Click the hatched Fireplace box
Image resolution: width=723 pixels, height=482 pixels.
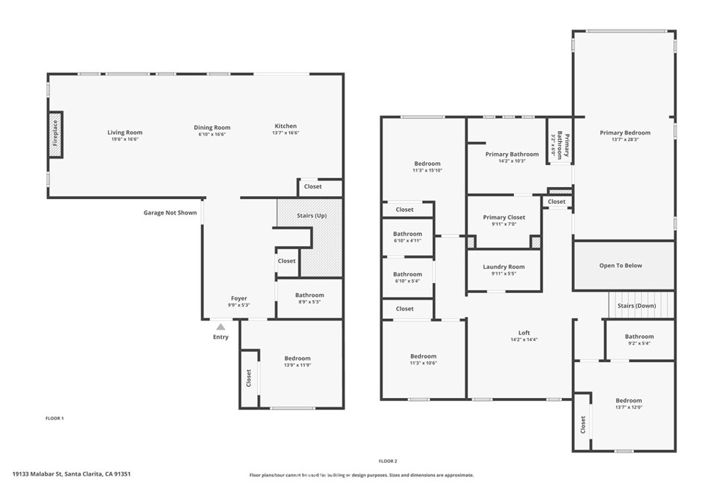point(55,135)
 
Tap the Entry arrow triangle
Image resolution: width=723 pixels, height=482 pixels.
point(221,327)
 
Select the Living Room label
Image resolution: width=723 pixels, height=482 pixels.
point(125,132)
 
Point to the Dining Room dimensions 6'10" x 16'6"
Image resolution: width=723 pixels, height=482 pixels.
point(212,135)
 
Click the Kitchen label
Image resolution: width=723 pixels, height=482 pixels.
point(286,126)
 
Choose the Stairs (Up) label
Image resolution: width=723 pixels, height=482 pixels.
point(311,215)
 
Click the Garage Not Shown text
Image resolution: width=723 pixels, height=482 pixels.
point(170,212)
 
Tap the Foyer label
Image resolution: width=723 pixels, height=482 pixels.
point(239,298)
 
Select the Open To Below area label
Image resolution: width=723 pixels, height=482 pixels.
point(621,265)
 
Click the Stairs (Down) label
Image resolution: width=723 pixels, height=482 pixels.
point(637,306)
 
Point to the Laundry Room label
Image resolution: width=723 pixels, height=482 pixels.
point(503,267)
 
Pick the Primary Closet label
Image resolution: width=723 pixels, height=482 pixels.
point(504,217)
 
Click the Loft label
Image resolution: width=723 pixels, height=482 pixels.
point(524,332)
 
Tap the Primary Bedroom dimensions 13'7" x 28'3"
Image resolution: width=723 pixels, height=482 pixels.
point(626,140)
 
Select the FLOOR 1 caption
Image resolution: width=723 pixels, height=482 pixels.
point(54,418)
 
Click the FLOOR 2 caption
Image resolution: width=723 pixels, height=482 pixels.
point(388,461)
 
